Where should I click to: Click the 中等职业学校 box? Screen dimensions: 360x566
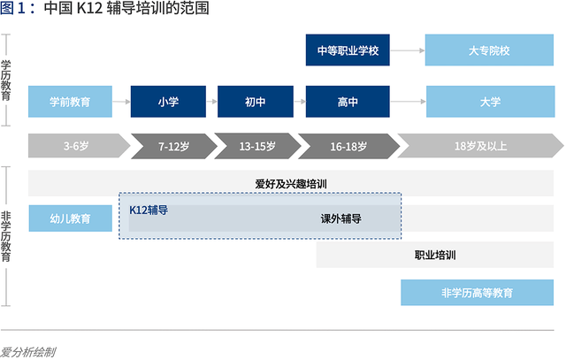[348, 50]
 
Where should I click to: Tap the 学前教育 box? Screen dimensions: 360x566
[70, 102]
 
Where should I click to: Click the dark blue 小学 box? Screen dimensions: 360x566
[168, 102]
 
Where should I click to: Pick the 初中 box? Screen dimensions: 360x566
[255, 102]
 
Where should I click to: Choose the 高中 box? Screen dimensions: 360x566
[348, 102]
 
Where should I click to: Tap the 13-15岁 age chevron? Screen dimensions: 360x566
[256, 144]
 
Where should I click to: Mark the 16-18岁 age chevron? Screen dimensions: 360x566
[347, 144]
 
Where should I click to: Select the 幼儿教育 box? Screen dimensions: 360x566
[70, 218]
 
